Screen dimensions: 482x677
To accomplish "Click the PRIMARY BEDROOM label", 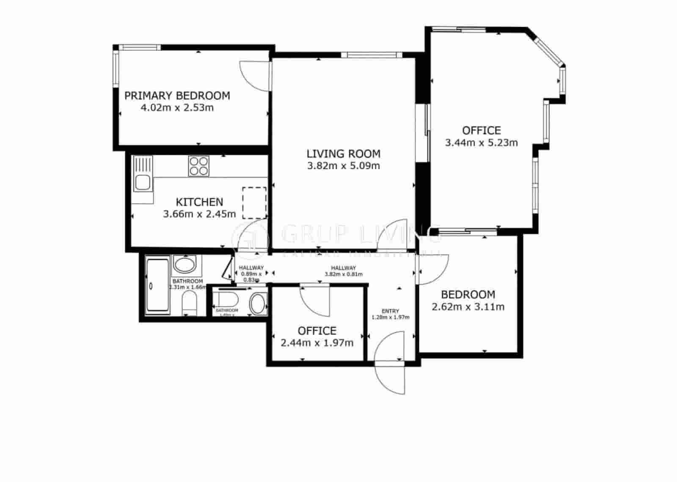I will click(177, 96).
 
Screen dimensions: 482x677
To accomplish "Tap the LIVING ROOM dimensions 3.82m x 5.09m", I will click(343, 166).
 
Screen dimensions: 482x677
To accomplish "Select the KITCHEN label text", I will click(199, 202).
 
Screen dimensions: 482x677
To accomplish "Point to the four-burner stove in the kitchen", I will click(198, 166).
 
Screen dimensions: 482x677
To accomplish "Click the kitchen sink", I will click(142, 183).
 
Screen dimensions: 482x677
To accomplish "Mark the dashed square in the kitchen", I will click(254, 203).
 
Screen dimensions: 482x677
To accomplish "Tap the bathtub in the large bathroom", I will click(157, 286).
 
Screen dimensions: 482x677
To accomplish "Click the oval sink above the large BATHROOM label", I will click(185, 265).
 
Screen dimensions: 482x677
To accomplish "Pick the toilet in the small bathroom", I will click(227, 300).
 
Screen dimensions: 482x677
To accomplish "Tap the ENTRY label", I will click(390, 311).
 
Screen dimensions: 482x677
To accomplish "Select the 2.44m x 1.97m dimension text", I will click(317, 342).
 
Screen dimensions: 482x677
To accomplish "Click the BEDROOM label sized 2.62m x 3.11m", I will click(468, 295).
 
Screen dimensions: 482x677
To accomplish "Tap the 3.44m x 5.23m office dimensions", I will click(481, 142).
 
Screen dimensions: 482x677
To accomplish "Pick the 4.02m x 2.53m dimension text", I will click(177, 107).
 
